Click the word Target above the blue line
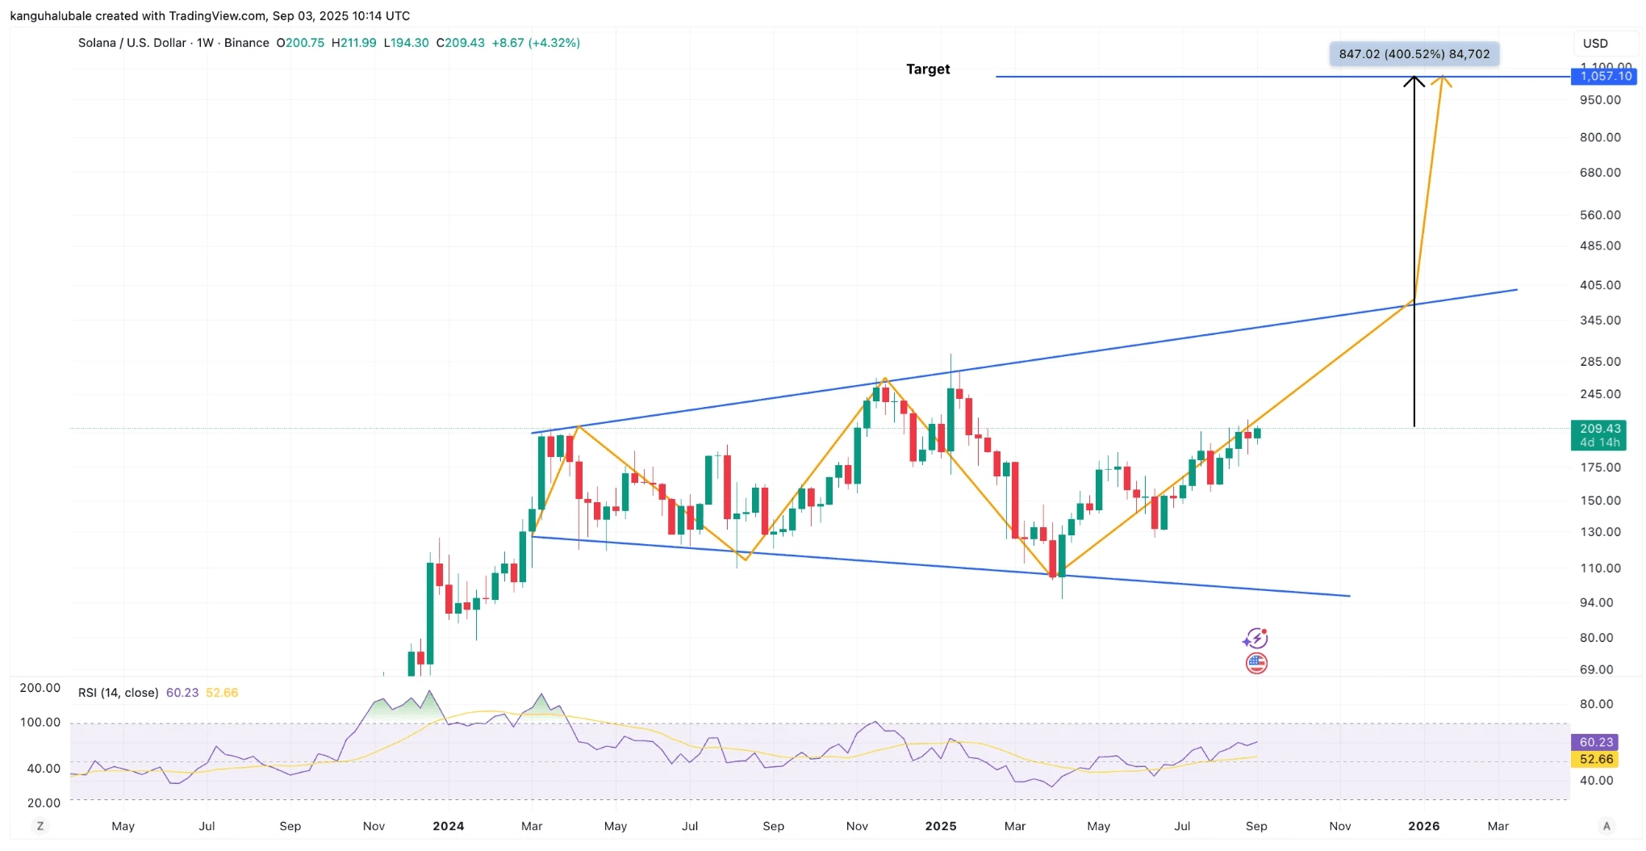point(928,69)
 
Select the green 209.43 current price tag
point(1599,435)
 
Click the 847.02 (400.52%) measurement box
point(1414,54)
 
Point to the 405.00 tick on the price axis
point(1600,285)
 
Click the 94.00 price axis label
point(1597,603)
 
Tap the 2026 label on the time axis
point(1424,826)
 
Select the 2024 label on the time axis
point(449,826)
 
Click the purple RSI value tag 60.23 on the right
point(1596,742)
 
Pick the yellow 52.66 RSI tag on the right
point(1596,759)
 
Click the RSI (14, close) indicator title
point(119,693)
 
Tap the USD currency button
point(1595,44)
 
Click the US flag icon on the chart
point(1256,664)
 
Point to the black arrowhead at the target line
point(1414,80)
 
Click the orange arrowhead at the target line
point(1442,80)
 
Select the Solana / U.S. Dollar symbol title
point(132,43)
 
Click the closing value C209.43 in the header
point(461,43)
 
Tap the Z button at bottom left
point(40,826)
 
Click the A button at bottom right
point(1606,826)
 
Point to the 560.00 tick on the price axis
point(1600,215)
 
